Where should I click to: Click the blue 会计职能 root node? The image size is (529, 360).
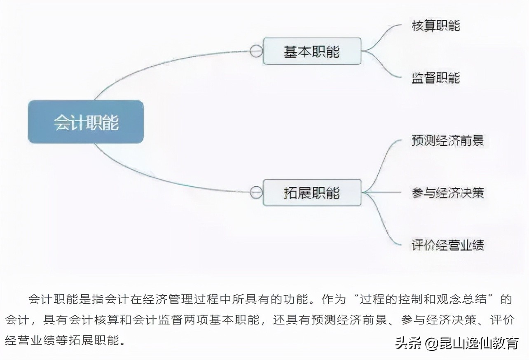coord(86,122)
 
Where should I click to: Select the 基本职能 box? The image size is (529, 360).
coord(312,51)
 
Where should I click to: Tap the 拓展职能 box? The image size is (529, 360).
coord(312,192)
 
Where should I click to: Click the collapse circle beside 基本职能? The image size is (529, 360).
coord(256,51)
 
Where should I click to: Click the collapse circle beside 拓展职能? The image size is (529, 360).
coord(256,192)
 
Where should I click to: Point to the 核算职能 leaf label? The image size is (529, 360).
coord(436,26)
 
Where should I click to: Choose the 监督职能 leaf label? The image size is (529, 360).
coord(436,78)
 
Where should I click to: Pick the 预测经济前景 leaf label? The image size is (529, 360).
coord(448,140)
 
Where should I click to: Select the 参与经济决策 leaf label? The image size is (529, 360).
coord(448,192)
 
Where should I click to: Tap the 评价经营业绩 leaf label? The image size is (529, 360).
coord(448,245)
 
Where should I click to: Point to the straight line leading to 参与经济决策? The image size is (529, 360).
coord(382,192)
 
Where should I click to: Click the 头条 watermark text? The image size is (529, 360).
coord(408,343)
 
